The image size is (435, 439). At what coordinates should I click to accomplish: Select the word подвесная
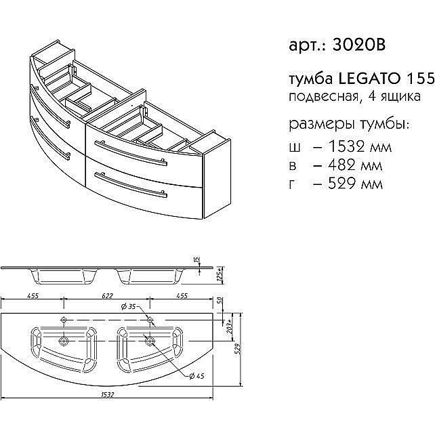(x=320, y=97)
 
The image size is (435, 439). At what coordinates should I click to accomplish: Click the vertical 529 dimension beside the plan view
(x=238, y=349)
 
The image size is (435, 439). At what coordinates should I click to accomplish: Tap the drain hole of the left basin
(x=65, y=340)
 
